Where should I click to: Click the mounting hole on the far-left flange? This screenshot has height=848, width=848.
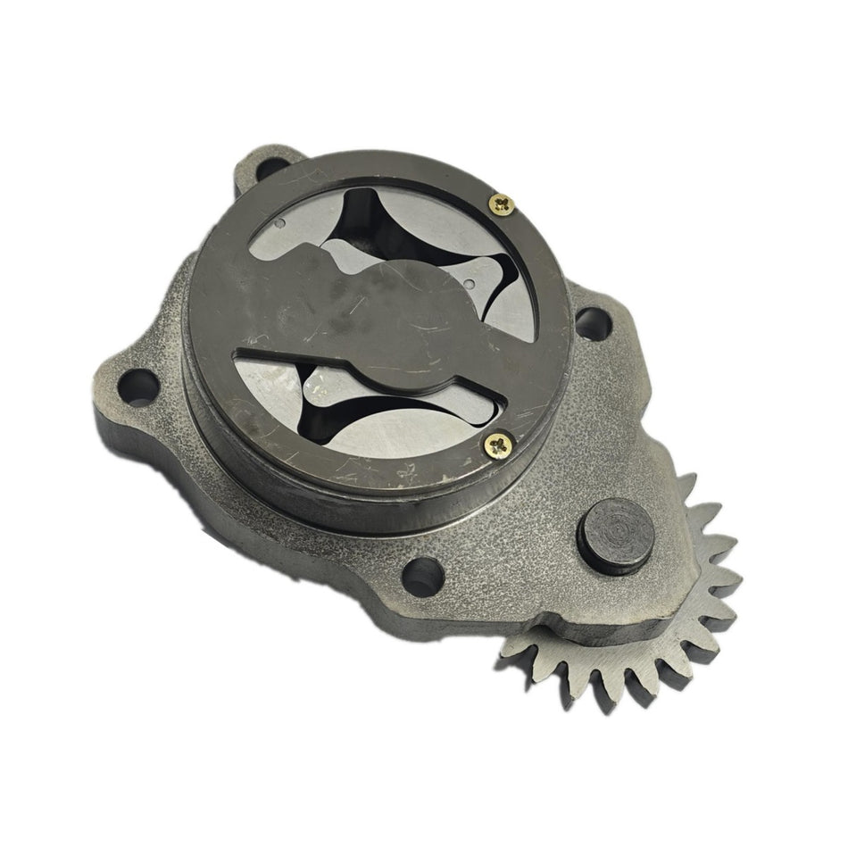coord(137,388)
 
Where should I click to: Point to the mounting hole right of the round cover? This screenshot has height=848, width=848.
coord(593,322)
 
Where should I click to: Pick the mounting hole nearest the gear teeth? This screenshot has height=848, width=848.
coord(422,575)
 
